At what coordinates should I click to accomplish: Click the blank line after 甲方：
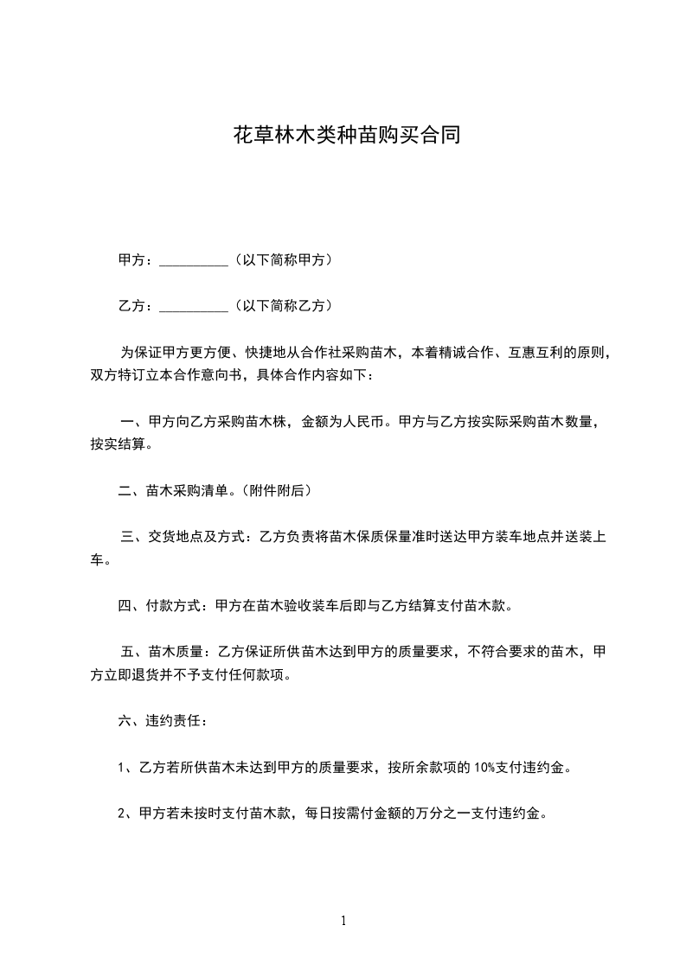[x=194, y=260]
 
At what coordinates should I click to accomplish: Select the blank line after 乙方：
[x=194, y=306]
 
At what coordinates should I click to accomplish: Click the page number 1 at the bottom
[x=343, y=921]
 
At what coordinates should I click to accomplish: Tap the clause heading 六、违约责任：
[x=162, y=720]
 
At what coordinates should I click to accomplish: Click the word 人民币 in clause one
[x=364, y=423]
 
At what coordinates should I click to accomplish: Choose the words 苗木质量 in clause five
[x=176, y=651]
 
